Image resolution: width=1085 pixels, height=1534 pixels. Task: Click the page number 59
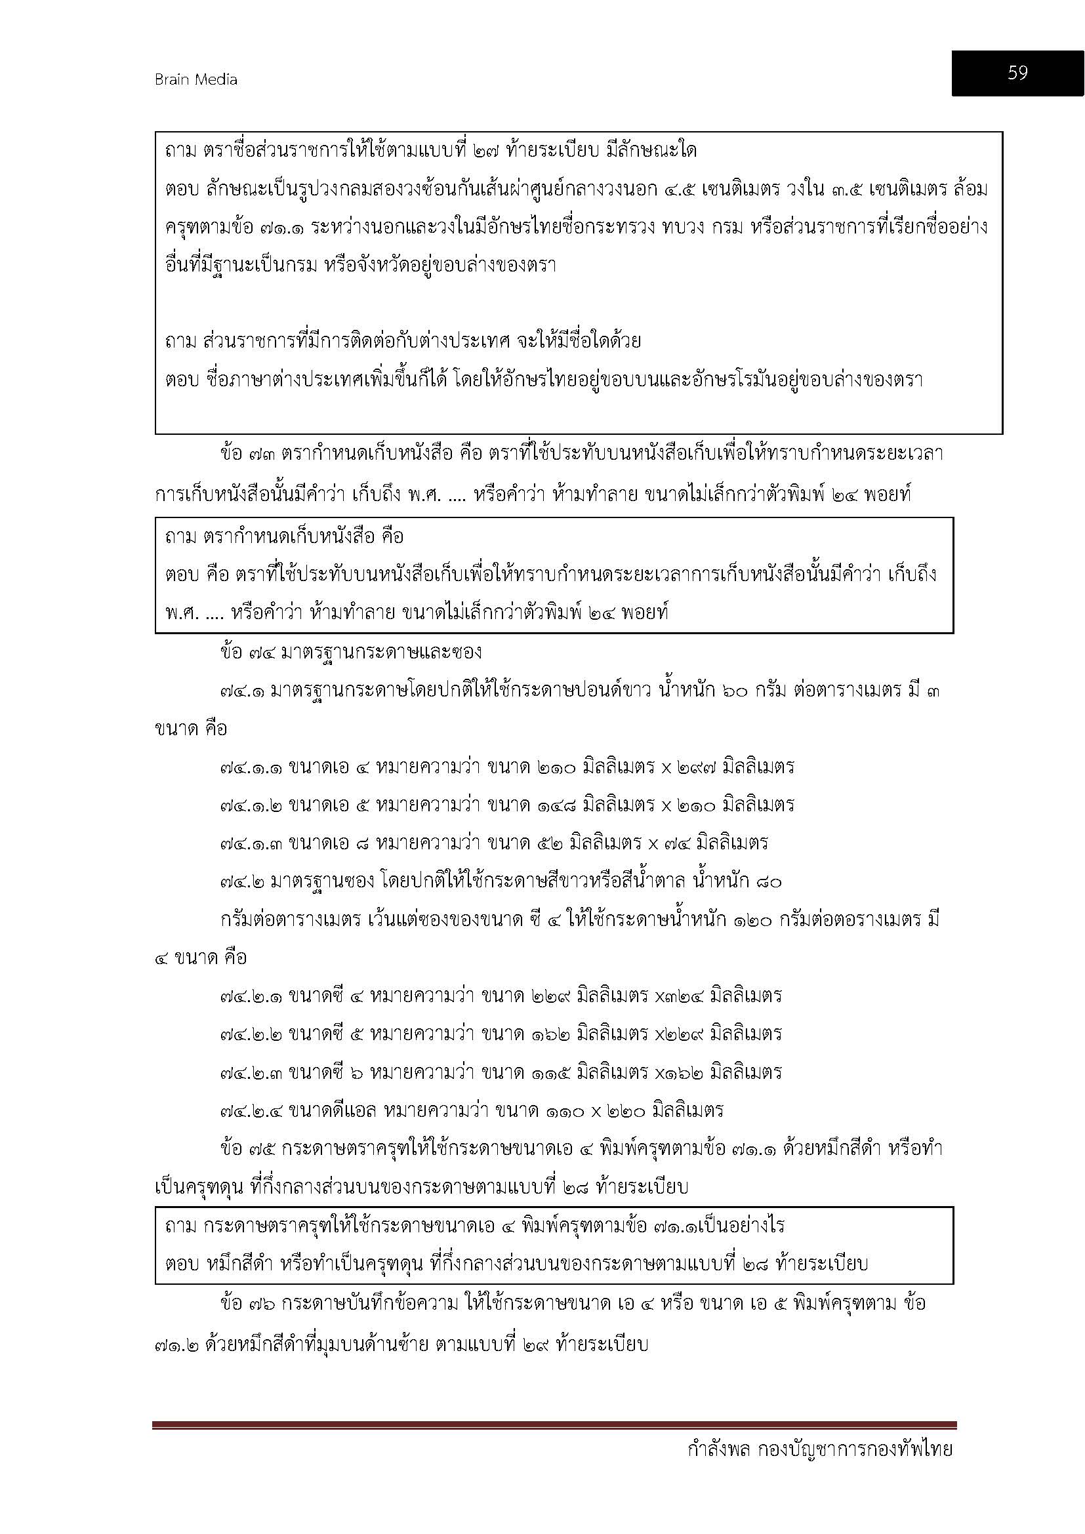pyautogui.click(x=1017, y=73)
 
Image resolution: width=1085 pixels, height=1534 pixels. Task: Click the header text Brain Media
pyautogui.click(x=195, y=79)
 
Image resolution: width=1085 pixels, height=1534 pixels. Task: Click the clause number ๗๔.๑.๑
pyautogui.click(x=251, y=767)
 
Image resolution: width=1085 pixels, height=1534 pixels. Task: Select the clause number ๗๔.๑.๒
pyautogui.click(x=251, y=805)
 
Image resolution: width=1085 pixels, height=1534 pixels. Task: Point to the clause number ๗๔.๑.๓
pyautogui.click(x=251, y=843)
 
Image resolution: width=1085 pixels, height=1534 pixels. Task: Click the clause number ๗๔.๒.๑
pyautogui.click(x=251, y=996)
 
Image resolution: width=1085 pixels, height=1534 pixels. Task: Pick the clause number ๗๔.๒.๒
pyautogui.click(x=251, y=1034)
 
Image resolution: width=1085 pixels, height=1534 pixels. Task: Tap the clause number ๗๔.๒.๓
pyautogui.click(x=251, y=1072)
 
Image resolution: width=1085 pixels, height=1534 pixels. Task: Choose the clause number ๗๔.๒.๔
pyautogui.click(x=251, y=1111)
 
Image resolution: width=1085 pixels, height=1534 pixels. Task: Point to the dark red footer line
pyautogui.click(x=554, y=1425)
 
